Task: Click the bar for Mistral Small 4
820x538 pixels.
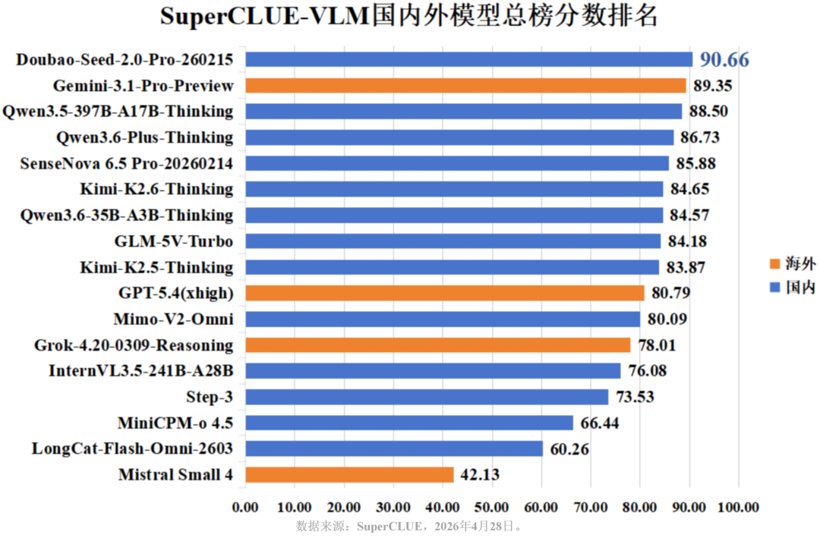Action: [349, 475]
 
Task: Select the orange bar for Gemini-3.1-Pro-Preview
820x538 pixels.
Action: [465, 86]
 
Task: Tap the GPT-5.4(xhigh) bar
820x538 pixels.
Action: [445, 293]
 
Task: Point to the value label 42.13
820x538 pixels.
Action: [479, 475]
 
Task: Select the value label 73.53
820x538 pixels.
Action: [634, 397]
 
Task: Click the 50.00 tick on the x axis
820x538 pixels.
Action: [492, 507]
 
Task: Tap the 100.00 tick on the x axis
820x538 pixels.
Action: [738, 507]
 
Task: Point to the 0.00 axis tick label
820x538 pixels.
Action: [246, 507]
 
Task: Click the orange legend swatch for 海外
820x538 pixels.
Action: [774, 264]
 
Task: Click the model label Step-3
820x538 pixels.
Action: [210, 397]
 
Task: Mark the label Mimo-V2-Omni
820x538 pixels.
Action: [175, 319]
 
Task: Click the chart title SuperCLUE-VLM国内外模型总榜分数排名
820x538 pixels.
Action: [409, 17]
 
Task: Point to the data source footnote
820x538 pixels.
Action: [409, 525]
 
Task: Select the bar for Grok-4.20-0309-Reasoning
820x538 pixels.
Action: [438, 345]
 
